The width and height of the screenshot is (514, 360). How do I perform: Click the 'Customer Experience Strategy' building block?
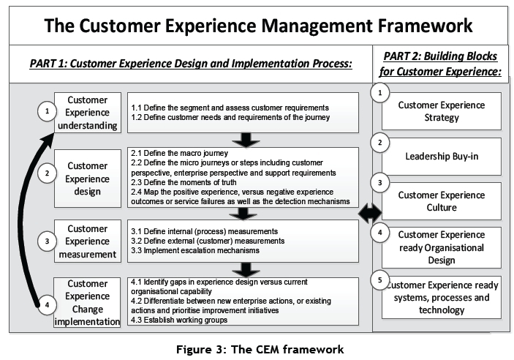(441, 111)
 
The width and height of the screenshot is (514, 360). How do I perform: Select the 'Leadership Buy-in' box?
(441, 157)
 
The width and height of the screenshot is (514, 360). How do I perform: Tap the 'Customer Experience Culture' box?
(441, 201)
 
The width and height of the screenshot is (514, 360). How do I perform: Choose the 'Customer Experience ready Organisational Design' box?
(441, 247)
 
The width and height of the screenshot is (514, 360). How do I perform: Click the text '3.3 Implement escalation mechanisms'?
(196, 250)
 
